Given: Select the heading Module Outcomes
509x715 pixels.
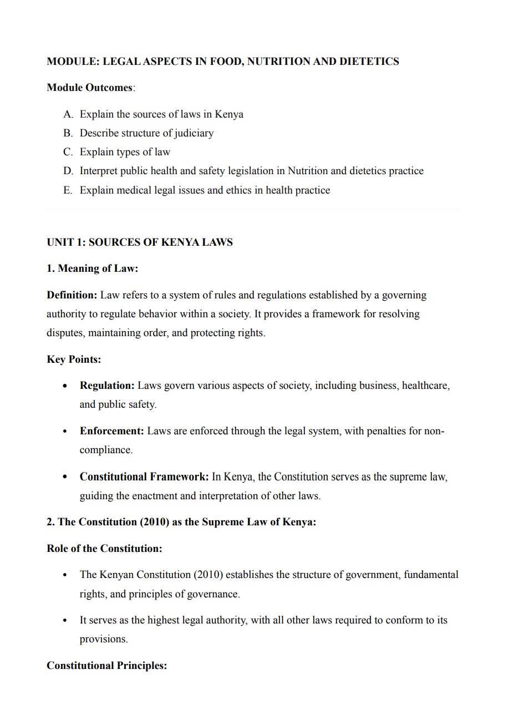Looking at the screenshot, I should [90, 88].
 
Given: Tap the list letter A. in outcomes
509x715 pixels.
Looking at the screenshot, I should [68, 114].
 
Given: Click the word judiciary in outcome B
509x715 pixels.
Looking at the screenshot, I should [194, 133].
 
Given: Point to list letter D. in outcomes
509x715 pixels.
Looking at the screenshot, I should [68, 171].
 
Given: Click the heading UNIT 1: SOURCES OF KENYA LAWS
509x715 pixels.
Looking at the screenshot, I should [140, 242].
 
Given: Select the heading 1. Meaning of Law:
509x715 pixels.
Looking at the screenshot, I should [92, 268].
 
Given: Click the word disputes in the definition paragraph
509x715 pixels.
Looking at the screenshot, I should [63, 333].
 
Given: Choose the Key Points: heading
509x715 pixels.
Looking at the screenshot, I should [74, 359].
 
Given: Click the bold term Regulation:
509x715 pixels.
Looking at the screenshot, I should [107, 385].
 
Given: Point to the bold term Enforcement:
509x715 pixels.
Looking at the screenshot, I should [111, 431].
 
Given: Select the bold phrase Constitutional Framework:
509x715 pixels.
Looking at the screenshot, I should [144, 476].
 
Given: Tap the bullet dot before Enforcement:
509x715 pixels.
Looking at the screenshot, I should [65, 431].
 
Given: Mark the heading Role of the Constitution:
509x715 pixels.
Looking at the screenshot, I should [104, 549].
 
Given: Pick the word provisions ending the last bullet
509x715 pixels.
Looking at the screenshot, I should [103, 639].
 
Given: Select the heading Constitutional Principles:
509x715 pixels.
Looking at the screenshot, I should [106, 666].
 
